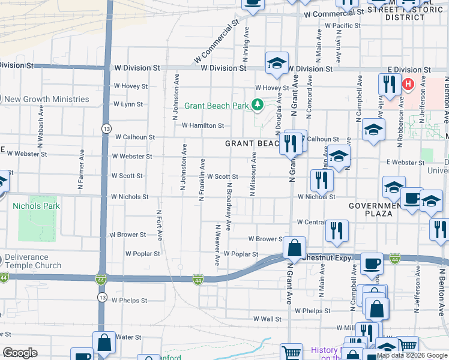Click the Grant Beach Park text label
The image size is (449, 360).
(x=216, y=106)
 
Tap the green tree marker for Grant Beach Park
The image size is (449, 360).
(x=258, y=106)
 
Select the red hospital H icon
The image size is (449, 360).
(x=409, y=84)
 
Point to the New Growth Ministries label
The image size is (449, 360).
(x=47, y=100)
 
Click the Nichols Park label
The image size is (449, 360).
(x=36, y=206)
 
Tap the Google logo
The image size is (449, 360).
(x=20, y=353)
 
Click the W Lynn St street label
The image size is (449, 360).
(x=128, y=104)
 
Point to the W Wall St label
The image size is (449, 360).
(x=267, y=319)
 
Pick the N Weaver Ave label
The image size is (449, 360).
(x=217, y=246)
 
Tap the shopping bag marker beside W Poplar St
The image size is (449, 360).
(x=294, y=248)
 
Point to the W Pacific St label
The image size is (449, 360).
(x=342, y=26)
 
